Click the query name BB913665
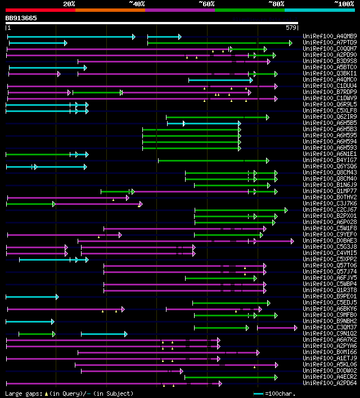tap(21, 18)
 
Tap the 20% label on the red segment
tap(69, 4)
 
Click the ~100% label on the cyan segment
tap(344, 4)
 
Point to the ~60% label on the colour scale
tap(206, 4)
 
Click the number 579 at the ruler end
tap(291, 28)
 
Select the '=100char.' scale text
tap(280, 393)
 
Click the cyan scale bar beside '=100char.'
tap(258, 393)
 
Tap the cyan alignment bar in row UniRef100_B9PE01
tap(31, 297)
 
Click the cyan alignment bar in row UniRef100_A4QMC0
tap(220, 80)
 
